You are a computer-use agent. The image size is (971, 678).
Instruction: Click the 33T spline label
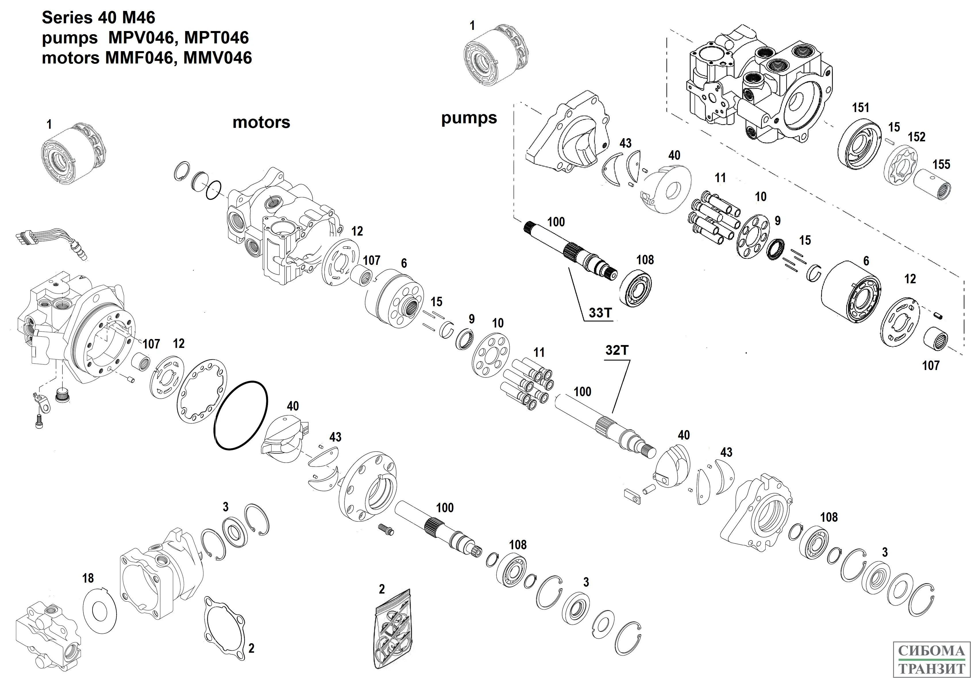click(x=600, y=313)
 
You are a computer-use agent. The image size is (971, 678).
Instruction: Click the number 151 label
click(x=860, y=108)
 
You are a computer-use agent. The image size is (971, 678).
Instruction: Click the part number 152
click(x=916, y=137)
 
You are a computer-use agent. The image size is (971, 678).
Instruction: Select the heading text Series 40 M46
click(x=99, y=18)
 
